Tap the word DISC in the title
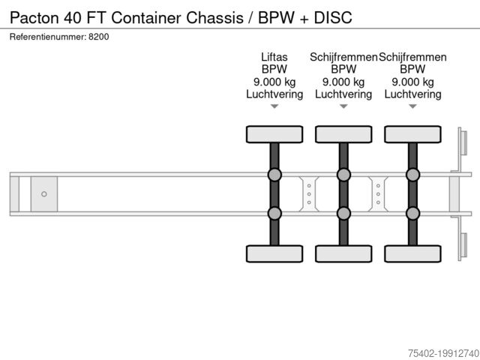point(333,16)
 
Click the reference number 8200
point(98,37)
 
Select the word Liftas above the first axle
point(274,57)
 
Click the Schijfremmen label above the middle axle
point(343,57)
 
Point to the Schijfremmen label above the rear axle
point(413,57)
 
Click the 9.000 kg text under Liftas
point(274,82)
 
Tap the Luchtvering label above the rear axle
point(413,94)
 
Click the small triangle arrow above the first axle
point(274,106)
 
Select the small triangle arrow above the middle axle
point(343,106)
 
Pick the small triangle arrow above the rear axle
point(412,106)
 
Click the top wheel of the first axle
point(274,134)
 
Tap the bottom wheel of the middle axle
point(343,253)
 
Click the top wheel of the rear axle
point(412,134)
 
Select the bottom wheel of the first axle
point(274,253)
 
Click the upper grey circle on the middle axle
point(343,175)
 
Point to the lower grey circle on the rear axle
point(412,214)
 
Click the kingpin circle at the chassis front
point(44,194)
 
